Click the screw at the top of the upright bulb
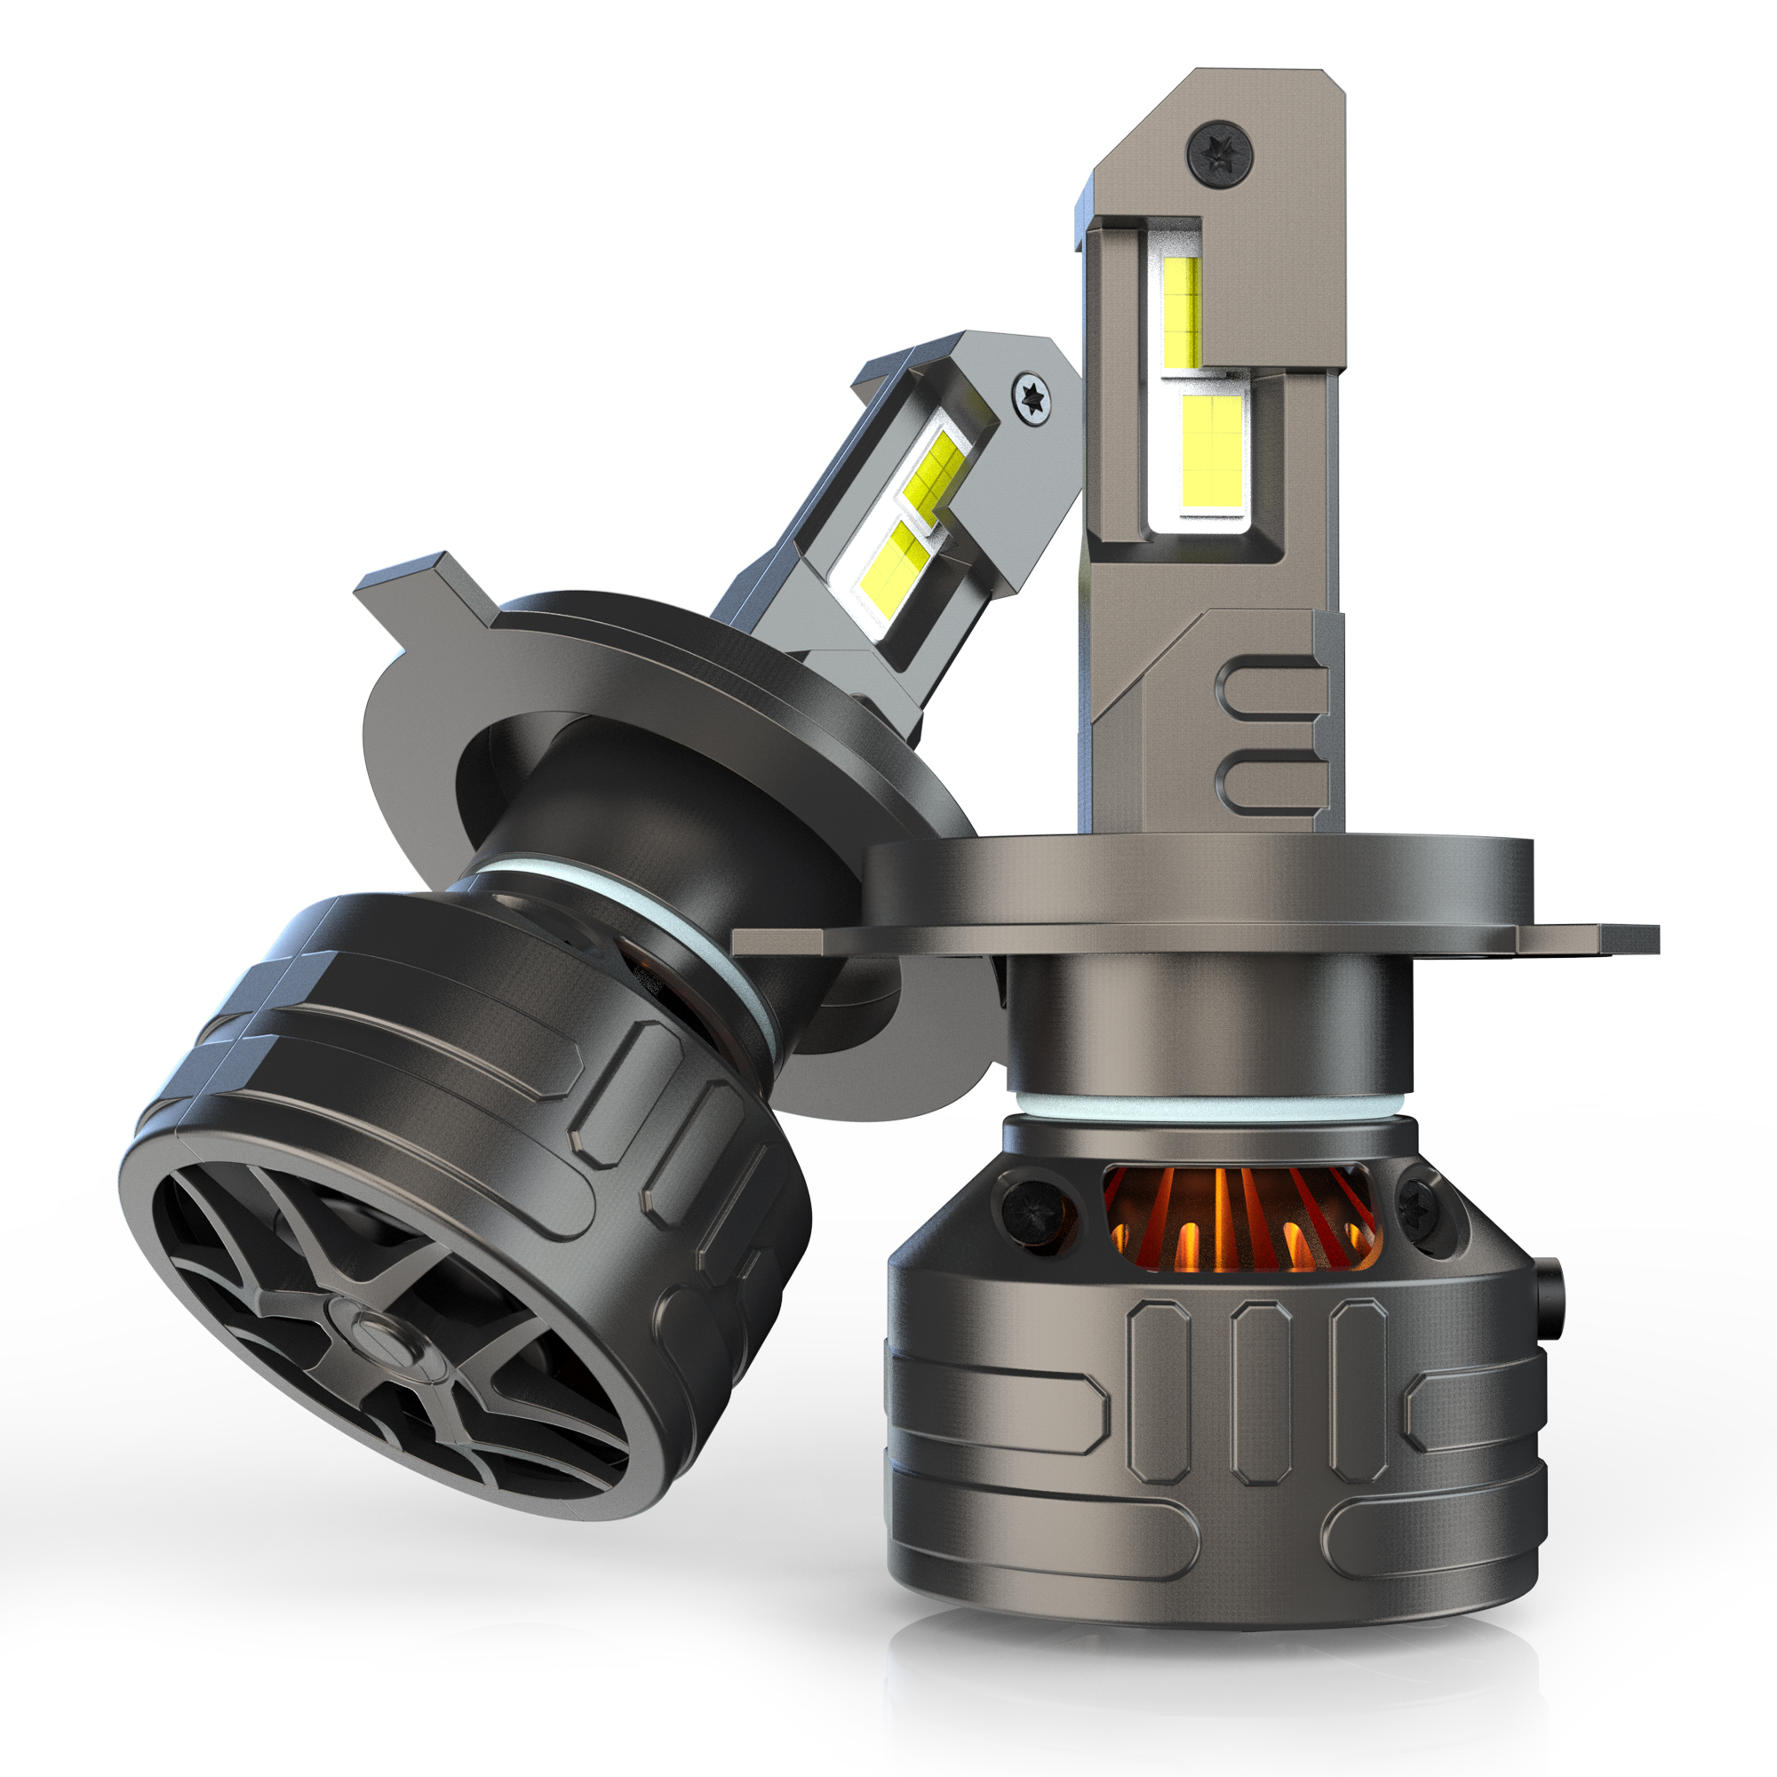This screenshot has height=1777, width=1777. (1220, 150)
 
